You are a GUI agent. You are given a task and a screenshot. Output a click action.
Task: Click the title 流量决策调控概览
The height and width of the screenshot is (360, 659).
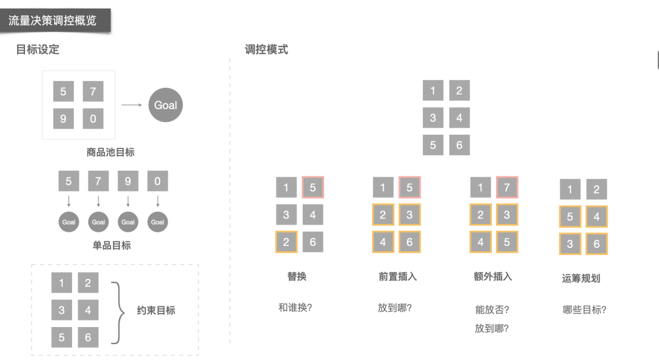click(52, 20)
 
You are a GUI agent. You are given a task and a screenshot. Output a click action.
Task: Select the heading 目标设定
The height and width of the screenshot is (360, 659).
click(38, 50)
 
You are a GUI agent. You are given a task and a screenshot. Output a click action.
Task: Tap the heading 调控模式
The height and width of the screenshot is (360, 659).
click(266, 50)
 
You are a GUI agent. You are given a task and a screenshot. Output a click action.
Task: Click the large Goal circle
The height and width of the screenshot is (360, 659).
click(165, 105)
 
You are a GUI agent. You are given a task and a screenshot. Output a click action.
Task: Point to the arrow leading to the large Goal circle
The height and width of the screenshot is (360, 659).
click(131, 105)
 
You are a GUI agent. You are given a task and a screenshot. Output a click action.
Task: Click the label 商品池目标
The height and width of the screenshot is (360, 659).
click(110, 153)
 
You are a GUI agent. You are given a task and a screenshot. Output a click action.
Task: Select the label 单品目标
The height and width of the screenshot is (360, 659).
click(112, 245)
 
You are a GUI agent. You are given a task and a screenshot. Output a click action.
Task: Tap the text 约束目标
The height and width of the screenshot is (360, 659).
click(156, 311)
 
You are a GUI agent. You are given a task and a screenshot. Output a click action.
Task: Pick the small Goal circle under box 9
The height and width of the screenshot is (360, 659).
click(128, 222)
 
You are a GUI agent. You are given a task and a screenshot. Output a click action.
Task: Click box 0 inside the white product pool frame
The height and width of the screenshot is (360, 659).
click(93, 118)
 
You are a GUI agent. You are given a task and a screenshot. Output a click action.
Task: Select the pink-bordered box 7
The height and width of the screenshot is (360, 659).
click(506, 187)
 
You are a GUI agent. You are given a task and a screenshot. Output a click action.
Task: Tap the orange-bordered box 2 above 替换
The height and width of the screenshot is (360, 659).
click(286, 242)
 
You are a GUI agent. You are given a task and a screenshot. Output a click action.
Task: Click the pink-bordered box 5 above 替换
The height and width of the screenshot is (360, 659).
click(312, 187)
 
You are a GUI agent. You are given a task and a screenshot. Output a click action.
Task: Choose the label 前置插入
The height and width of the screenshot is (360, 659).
click(397, 276)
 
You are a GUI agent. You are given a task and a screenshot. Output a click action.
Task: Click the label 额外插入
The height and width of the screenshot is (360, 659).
click(492, 276)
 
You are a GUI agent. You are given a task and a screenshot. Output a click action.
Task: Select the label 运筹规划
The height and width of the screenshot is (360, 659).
click(581, 278)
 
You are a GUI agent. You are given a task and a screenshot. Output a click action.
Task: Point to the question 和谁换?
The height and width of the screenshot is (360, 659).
click(295, 308)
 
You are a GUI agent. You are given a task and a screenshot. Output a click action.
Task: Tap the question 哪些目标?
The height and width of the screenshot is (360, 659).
click(585, 310)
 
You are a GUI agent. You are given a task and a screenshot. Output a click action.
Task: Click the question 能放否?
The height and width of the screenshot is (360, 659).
click(492, 310)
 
